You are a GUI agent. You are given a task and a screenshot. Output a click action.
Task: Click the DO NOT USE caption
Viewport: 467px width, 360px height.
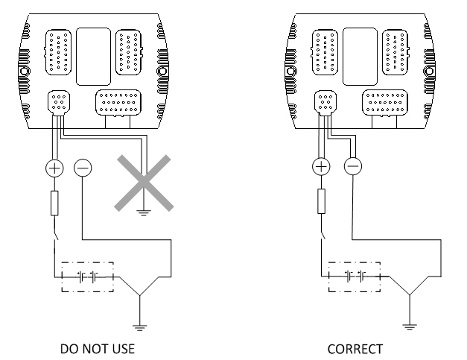coord(98,349)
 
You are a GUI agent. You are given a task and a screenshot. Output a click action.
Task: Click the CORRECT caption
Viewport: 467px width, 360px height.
coord(355,349)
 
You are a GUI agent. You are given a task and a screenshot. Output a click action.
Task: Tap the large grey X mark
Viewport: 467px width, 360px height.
coord(144,183)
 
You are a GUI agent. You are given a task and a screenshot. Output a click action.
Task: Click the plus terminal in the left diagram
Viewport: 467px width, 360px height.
coord(54,168)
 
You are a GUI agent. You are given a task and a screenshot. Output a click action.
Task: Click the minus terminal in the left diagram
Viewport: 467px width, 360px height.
coord(83,168)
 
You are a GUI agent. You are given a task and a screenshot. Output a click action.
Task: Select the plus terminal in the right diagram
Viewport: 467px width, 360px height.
coord(321,166)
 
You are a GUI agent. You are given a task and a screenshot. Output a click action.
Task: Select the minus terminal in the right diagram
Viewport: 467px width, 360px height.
coord(353,166)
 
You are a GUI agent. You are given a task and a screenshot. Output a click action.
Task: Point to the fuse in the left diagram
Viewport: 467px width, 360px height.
coord(54,203)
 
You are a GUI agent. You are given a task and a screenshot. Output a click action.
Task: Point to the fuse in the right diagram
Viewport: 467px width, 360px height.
coord(321,201)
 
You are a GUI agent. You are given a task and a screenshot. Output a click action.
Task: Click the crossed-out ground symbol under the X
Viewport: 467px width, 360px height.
coord(144,212)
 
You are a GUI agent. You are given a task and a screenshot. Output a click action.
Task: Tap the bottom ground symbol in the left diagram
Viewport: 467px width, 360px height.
coord(140,327)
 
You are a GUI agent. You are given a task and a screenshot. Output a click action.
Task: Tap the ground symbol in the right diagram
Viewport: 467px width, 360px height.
coord(410,327)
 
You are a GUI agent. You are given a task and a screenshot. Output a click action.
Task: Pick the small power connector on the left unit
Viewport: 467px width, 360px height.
coord(59,103)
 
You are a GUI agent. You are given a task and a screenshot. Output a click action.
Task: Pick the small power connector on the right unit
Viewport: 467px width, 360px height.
coord(325,103)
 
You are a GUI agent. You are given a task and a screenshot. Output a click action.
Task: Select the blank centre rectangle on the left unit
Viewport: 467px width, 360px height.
coord(94,57)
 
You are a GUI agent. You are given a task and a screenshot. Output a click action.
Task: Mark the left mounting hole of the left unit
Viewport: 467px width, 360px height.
coord(24,72)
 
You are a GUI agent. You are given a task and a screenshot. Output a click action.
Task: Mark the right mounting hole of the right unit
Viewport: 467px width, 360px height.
coord(429,72)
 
